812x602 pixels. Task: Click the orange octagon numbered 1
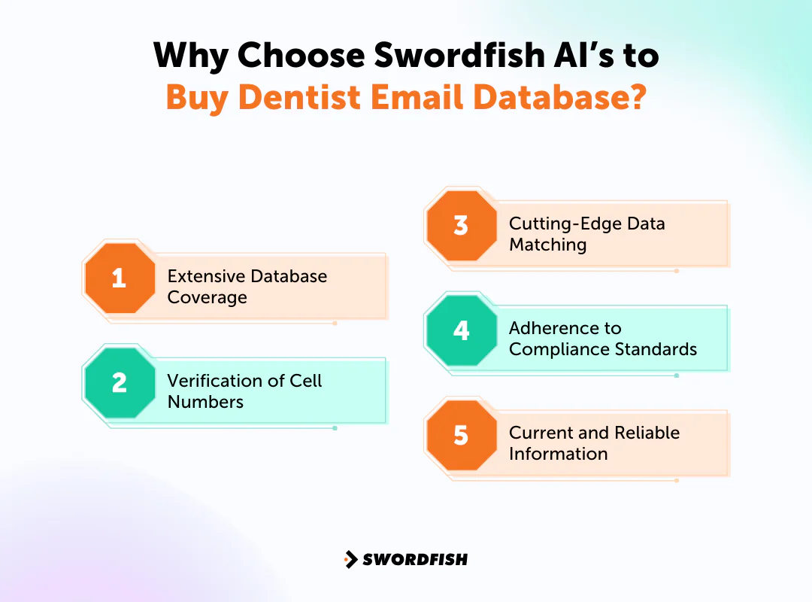click(x=120, y=278)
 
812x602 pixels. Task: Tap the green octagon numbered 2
click(x=120, y=383)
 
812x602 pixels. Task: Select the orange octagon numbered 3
click(x=462, y=226)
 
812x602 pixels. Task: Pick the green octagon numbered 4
click(x=462, y=331)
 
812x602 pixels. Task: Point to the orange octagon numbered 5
click(x=462, y=436)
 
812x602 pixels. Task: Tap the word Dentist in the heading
click(x=295, y=98)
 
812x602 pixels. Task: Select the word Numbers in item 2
click(x=205, y=402)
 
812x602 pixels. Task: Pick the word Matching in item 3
click(x=547, y=245)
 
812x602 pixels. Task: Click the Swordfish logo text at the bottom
click(x=415, y=559)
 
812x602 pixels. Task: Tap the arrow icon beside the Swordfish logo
click(x=350, y=559)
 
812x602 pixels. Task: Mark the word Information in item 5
click(x=558, y=454)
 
